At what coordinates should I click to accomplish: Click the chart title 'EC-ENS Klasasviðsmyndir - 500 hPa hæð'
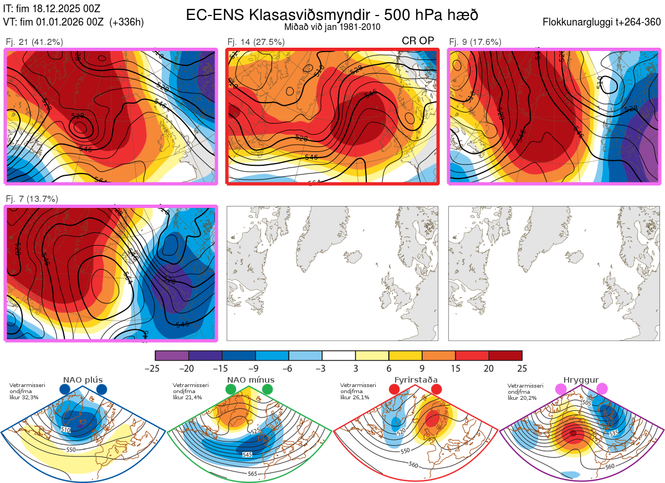pyautogui.click(x=332, y=14)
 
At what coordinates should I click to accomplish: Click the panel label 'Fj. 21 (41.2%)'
pyautogui.click(x=34, y=42)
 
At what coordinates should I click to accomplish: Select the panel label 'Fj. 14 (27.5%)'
pyautogui.click(x=256, y=42)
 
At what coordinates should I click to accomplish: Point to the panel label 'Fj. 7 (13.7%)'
pyautogui.click(x=32, y=199)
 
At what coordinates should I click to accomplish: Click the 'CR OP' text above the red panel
pyautogui.click(x=418, y=40)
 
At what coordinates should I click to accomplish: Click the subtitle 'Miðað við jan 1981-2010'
pyautogui.click(x=332, y=27)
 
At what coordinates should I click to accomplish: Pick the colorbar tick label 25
pyautogui.click(x=521, y=368)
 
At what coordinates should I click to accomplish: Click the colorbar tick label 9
pyautogui.click(x=422, y=368)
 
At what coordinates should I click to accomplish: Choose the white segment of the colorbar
pyautogui.click(x=338, y=355)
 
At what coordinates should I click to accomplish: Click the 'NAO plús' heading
pyautogui.click(x=83, y=380)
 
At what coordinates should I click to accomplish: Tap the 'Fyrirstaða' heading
pyautogui.click(x=415, y=380)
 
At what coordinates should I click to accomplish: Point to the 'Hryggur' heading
pyautogui.click(x=581, y=380)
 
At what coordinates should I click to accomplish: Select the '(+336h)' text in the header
pyautogui.click(x=127, y=22)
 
